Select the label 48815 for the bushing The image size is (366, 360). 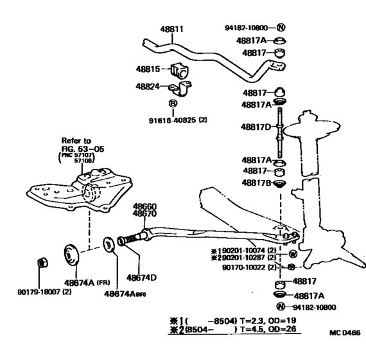coord(149,68)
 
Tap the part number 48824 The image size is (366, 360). coord(149,86)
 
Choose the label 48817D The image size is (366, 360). coord(258,127)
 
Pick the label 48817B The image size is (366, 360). coord(258,183)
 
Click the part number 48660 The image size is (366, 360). coord(144,206)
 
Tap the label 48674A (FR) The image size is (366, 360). coord(72,281)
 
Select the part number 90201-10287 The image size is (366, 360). coord(236,257)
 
